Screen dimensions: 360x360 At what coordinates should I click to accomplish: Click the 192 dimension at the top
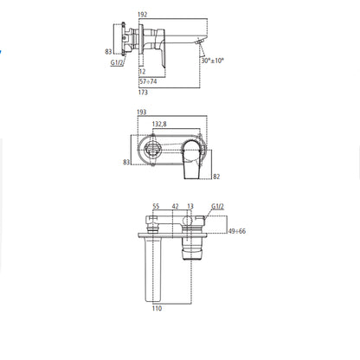click(143, 15)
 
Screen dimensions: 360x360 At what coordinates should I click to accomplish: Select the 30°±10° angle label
click(213, 61)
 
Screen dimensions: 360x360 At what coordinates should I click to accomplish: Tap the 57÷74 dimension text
click(148, 81)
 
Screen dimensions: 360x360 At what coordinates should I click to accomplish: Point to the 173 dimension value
click(143, 93)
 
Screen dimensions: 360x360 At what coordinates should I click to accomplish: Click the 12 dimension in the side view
click(142, 72)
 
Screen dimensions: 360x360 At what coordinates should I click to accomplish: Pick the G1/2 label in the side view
click(117, 62)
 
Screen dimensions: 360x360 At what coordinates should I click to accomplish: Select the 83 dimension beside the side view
click(108, 52)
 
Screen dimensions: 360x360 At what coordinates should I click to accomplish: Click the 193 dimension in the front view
click(142, 112)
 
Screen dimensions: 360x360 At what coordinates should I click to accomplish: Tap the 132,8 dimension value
click(159, 124)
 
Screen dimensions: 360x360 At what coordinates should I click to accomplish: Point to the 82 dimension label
click(216, 177)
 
